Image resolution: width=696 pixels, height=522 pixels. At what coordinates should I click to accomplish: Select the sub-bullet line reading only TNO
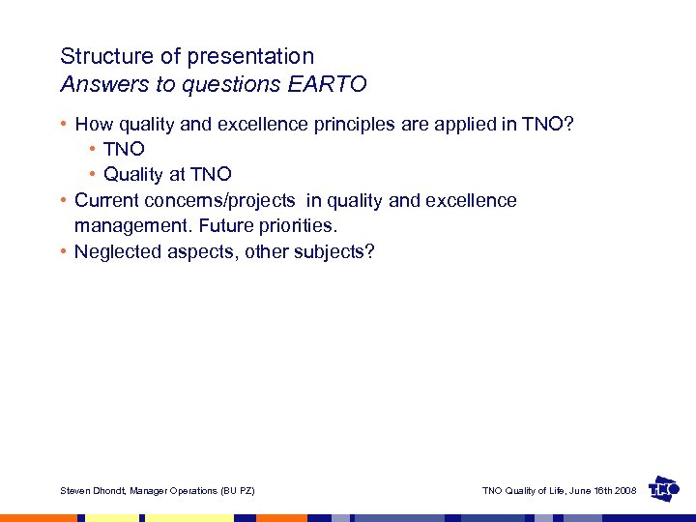(x=124, y=149)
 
